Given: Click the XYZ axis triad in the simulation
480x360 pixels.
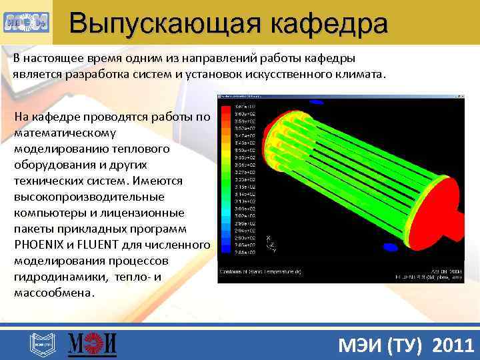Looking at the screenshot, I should coord(270,244).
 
